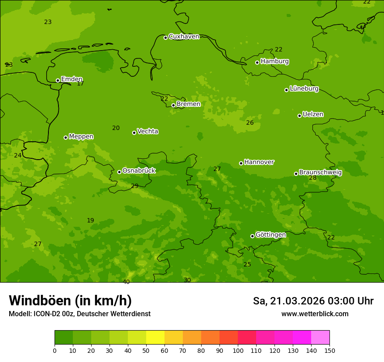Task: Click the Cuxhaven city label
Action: click(184, 37)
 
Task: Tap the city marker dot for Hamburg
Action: click(257, 62)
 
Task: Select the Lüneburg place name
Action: click(304, 89)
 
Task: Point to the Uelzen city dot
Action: click(299, 116)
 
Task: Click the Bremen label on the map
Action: click(189, 104)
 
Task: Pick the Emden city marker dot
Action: click(58, 80)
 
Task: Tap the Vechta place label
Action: click(147, 131)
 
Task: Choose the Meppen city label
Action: click(81, 137)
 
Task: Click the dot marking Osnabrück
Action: click(119, 172)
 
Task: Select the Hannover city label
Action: click(259, 162)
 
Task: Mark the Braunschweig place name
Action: click(320, 173)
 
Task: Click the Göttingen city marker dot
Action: click(252, 236)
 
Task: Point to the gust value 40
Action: click(126, 282)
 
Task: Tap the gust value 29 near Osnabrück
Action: click(135, 186)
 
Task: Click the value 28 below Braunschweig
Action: click(313, 178)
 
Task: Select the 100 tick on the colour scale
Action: click(238, 350)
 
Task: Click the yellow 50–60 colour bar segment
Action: click(155, 338)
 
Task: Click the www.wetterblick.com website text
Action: click(315, 314)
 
